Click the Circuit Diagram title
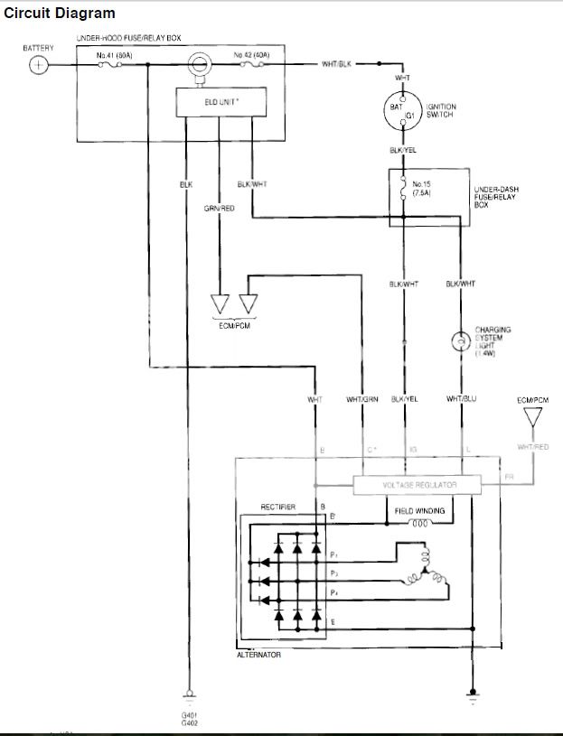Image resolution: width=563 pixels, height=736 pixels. click(60, 13)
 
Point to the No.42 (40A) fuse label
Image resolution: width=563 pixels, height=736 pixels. click(251, 55)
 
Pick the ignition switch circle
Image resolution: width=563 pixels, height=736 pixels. click(402, 111)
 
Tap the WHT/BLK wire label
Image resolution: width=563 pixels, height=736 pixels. click(336, 64)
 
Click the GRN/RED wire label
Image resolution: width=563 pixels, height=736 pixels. click(220, 209)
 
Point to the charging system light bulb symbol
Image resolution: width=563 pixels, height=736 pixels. click(460, 342)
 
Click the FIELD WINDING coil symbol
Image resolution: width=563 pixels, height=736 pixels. click(419, 523)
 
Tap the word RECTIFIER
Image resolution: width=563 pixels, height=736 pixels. click(279, 508)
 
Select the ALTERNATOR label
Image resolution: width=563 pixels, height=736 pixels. click(258, 655)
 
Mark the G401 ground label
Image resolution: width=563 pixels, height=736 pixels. click(190, 715)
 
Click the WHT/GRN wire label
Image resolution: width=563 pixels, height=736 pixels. click(361, 398)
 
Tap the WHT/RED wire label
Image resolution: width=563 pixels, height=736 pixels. click(532, 446)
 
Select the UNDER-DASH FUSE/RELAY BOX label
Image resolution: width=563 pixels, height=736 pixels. click(496, 198)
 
